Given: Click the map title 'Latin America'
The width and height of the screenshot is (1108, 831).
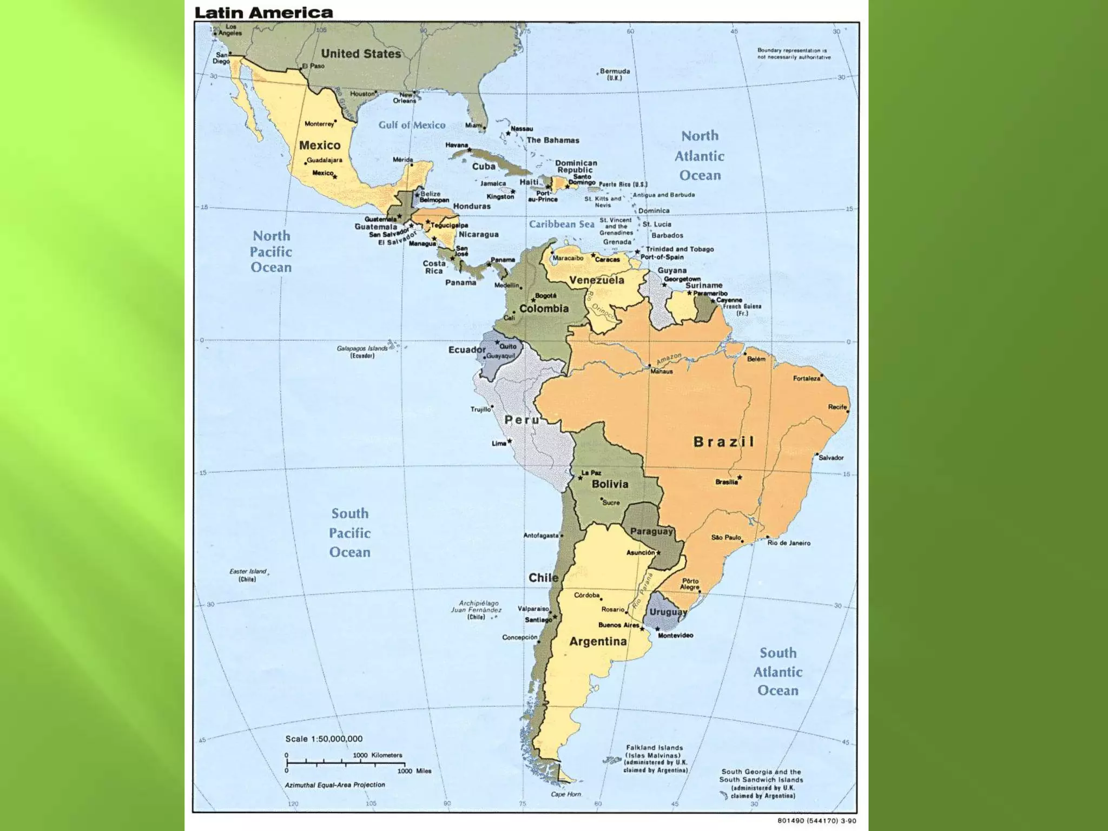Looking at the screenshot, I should tap(263, 12).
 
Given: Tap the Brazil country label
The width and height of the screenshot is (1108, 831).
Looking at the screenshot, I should tap(723, 442).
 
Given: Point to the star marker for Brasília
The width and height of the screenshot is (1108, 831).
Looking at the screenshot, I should tap(740, 477).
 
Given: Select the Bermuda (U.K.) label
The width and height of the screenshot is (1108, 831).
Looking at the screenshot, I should tap(615, 74).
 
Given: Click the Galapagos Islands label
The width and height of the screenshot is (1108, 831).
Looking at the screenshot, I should tap(362, 352).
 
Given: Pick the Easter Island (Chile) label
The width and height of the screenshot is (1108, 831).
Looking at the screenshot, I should tap(248, 575).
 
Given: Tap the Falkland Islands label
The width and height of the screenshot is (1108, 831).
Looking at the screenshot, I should tap(655, 759).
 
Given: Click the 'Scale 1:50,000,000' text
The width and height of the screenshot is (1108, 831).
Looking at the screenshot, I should tap(324, 738).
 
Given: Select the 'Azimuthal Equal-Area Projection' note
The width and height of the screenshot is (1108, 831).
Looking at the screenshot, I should tap(335, 784).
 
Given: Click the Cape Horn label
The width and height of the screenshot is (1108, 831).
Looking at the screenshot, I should tap(565, 794).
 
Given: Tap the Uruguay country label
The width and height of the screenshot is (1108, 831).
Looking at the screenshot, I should tap(668, 612).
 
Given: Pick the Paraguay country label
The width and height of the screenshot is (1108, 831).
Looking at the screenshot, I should tap(651, 531).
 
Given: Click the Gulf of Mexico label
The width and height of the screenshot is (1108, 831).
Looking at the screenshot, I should tap(412, 125).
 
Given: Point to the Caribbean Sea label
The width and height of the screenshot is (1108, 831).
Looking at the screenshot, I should tap(561, 224).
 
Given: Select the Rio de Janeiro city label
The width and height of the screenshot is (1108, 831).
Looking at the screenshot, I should tap(788, 543).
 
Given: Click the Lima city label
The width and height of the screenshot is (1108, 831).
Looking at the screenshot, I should tap(498, 443).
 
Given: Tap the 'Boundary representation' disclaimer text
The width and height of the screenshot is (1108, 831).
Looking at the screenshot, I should tap(793, 54).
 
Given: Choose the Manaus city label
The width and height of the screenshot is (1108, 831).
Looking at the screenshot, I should tap(661, 371).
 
